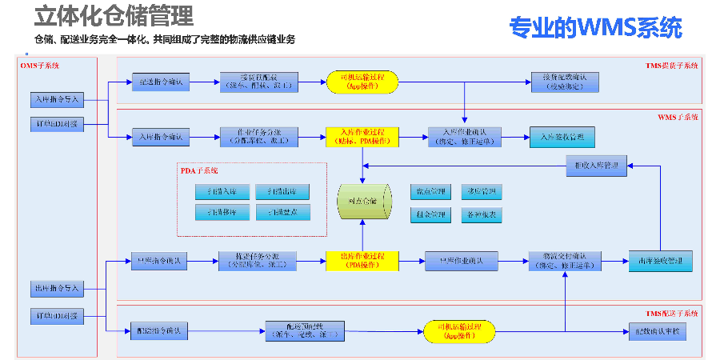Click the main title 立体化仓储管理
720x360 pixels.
tap(113, 16)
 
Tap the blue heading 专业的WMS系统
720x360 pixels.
tap(595, 27)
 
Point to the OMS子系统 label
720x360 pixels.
tap(39, 65)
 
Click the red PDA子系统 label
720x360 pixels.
tap(199, 170)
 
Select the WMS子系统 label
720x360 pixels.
tap(678, 118)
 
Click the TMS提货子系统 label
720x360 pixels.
tap(672, 65)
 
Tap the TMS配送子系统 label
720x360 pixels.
tap(672, 313)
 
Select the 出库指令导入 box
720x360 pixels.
tap(57, 287)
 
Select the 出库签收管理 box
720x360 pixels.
tap(660, 261)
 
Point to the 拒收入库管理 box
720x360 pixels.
tap(598, 166)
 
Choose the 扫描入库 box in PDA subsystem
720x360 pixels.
tap(221, 192)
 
